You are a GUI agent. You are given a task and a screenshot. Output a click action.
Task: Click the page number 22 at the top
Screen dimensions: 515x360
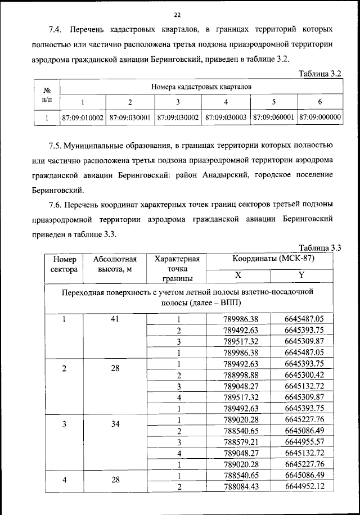177,14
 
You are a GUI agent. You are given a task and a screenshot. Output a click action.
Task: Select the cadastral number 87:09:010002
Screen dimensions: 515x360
83,118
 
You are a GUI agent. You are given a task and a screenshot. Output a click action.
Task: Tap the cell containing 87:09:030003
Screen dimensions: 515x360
226,118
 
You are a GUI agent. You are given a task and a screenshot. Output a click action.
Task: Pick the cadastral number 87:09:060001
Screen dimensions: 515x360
274,118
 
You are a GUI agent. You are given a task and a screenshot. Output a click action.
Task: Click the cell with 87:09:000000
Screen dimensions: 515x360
320,118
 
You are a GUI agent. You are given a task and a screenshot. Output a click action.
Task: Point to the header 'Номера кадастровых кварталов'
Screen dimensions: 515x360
201,87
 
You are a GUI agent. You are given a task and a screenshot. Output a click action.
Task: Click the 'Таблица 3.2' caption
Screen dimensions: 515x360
321,73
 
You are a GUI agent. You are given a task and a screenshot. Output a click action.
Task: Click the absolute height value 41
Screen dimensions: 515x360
115,319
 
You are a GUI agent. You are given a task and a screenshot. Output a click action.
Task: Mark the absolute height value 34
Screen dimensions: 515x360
115,423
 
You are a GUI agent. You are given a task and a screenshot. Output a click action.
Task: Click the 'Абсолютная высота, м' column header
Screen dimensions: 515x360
115,264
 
